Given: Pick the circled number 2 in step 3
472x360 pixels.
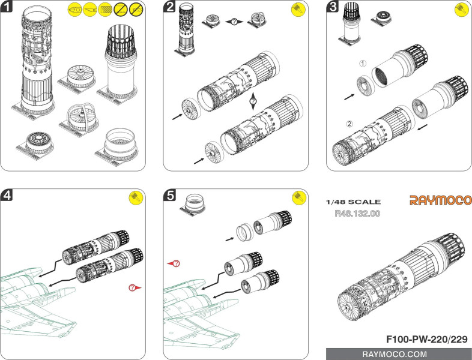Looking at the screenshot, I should point(350,124).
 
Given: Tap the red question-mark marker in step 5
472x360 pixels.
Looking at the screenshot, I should point(174,263).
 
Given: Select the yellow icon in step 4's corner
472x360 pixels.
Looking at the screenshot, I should point(135,199).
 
